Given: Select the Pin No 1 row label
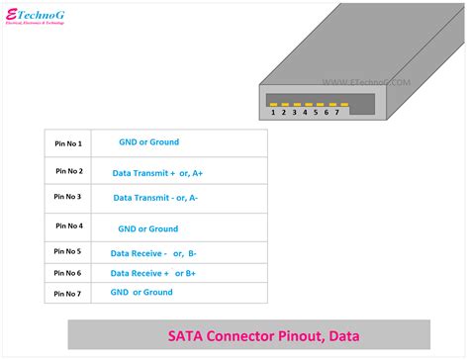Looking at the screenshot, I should pyautogui.click(x=68, y=144).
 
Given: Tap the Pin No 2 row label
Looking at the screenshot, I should pyautogui.click(x=68, y=172).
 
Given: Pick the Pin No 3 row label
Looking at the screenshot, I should pyautogui.click(x=68, y=198).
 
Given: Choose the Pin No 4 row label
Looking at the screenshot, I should pyautogui.click(x=68, y=227).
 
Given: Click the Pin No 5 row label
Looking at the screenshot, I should pyautogui.click(x=68, y=253).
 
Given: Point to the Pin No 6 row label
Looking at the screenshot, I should pyautogui.click(x=68, y=273).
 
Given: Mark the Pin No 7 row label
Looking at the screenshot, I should pyautogui.click(x=68, y=294).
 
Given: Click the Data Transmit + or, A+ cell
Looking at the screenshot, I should pyautogui.click(x=171, y=172).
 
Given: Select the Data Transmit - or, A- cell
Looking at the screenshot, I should pyautogui.click(x=169, y=198).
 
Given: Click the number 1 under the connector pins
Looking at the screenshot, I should pyautogui.click(x=273, y=114).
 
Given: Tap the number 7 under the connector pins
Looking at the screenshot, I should pyautogui.click(x=337, y=114).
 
